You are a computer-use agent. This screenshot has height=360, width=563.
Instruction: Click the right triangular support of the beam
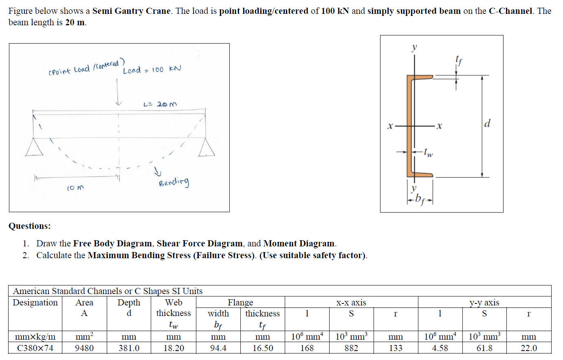pyautogui.click(x=207, y=148)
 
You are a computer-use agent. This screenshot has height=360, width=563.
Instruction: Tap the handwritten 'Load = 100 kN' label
pyautogui.click(x=152, y=70)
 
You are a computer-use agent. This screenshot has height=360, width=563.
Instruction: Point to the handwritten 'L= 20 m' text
pyautogui.click(x=160, y=104)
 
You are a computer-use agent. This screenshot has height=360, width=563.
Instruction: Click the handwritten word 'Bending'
pyautogui.click(x=174, y=182)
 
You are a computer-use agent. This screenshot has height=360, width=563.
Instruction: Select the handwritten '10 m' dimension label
pyautogui.click(x=75, y=188)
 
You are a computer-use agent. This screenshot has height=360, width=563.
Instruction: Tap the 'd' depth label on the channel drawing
pyautogui.click(x=487, y=123)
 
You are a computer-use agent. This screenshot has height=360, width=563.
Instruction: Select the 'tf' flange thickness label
pyautogui.click(x=459, y=61)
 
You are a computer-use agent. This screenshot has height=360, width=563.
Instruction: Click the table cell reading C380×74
pyautogui.click(x=35, y=348)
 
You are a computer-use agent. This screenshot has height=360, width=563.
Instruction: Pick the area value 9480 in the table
pyautogui.click(x=84, y=348)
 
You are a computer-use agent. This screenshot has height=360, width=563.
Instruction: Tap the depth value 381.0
pyautogui.click(x=129, y=348)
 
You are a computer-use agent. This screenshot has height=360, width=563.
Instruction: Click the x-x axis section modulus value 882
pyautogui.click(x=351, y=348)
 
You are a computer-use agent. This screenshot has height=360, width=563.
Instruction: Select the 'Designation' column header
pyautogui.click(x=35, y=302)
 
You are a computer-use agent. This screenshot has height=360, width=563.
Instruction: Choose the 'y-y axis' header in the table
pyautogui.click(x=484, y=302)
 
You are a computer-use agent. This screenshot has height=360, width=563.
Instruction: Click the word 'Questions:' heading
pyautogui.click(x=30, y=226)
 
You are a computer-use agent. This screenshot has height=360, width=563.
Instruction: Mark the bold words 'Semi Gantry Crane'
pyautogui.click(x=131, y=11)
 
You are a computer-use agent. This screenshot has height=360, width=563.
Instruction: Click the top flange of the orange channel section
pyautogui.click(x=422, y=77)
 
